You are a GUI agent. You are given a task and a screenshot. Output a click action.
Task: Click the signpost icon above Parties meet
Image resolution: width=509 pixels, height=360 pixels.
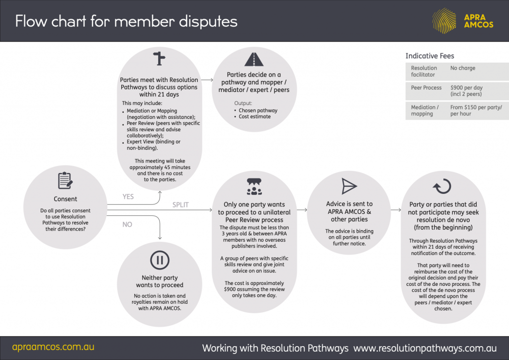pyautogui.click(x=159, y=59)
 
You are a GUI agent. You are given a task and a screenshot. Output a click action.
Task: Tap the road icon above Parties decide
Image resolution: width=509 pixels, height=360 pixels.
pyautogui.click(x=254, y=59)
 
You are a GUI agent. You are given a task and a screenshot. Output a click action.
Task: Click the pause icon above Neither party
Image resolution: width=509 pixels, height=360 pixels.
pyautogui.click(x=160, y=260)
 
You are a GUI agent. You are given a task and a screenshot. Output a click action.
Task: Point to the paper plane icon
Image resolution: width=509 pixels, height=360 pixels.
pyautogui.click(x=349, y=186)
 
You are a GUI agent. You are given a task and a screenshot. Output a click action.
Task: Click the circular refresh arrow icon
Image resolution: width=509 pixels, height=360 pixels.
pyautogui.click(x=441, y=186)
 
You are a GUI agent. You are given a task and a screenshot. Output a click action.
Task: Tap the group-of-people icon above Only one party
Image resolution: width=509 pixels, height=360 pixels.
pyautogui.click(x=254, y=186)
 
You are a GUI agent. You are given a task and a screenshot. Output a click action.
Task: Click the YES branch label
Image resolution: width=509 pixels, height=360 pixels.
pyautogui.click(x=128, y=197)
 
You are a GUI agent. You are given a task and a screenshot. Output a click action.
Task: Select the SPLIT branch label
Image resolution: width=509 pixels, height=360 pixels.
pyautogui.click(x=180, y=205)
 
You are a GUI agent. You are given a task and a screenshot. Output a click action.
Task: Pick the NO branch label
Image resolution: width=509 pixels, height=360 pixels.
pyautogui.click(x=127, y=225)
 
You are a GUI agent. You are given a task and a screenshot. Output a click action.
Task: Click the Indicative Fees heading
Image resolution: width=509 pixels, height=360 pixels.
pyautogui.click(x=429, y=56)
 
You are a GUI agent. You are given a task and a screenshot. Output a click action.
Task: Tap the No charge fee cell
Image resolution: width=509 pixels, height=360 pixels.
pyautogui.click(x=463, y=68)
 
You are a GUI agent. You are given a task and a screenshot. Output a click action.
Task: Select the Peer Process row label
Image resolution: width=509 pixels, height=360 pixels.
pyautogui.click(x=426, y=88)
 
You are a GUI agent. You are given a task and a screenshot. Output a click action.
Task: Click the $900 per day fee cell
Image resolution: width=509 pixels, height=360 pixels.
pyautogui.click(x=466, y=90)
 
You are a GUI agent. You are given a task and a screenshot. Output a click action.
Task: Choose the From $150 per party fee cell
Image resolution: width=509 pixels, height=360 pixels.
pyautogui.click(x=476, y=110)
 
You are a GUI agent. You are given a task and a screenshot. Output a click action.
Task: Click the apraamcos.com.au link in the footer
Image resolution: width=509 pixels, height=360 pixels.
pyautogui.click(x=53, y=347)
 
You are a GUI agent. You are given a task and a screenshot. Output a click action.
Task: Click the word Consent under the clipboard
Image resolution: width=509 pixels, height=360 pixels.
pyautogui.click(x=66, y=199)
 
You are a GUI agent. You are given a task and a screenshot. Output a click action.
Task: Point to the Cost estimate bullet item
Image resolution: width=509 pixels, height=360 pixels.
pyautogui.click(x=254, y=116)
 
